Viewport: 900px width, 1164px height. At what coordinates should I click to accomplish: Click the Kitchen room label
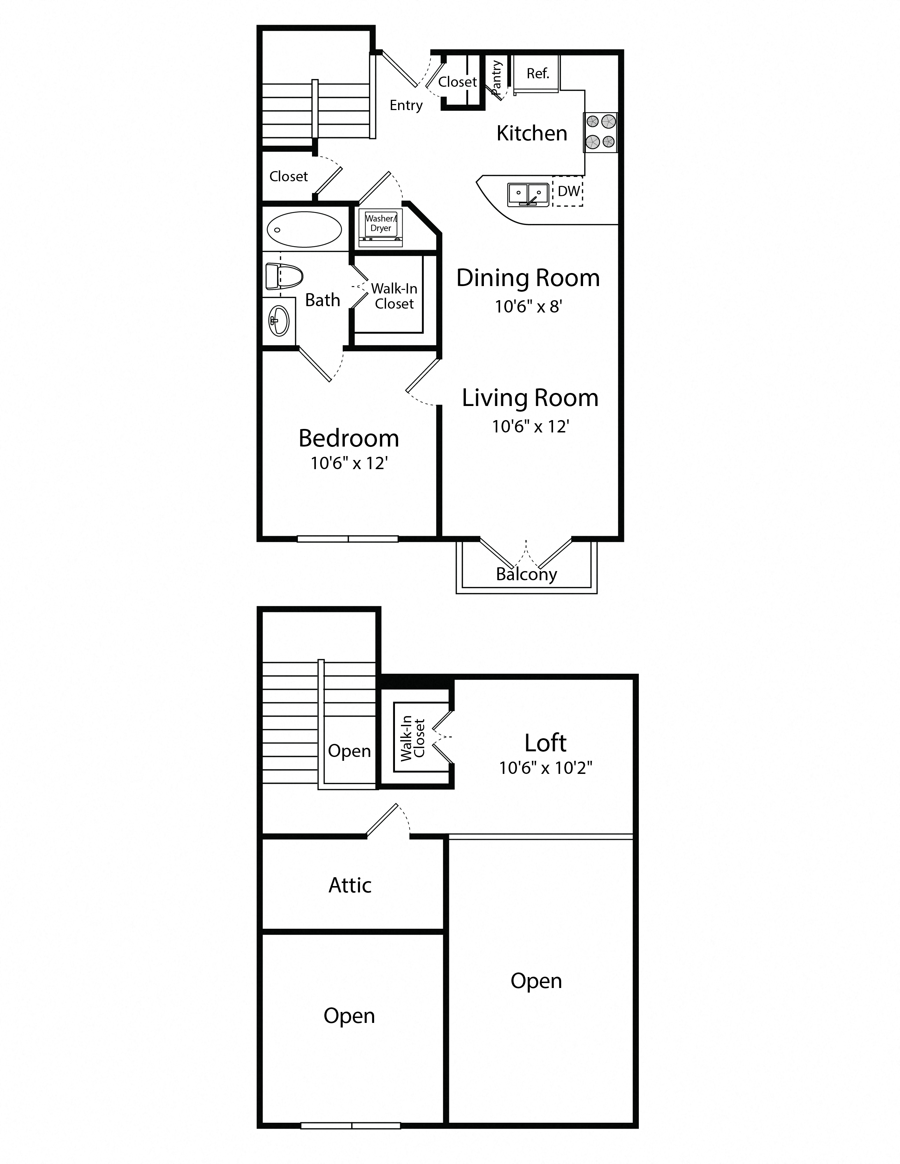coord(532,133)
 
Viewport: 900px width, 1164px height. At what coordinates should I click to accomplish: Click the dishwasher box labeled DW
coord(568,191)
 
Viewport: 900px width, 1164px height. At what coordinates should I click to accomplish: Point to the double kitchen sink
coord(528,195)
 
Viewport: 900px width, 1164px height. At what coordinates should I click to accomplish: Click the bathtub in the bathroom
coord(304,229)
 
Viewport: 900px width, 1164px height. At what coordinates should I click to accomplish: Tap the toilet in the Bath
coord(284,276)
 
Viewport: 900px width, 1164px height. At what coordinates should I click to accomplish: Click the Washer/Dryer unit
coord(381,228)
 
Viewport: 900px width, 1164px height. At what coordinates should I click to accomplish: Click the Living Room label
coord(530,398)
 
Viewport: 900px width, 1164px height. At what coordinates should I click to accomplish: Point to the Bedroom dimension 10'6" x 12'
coord(349,463)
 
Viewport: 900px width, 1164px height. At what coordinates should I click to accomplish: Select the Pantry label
coord(496,78)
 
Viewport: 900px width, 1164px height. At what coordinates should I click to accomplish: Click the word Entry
coord(406,105)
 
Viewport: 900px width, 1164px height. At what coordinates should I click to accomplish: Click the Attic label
coord(350,885)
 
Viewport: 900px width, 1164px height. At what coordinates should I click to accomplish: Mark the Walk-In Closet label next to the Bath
coord(394,296)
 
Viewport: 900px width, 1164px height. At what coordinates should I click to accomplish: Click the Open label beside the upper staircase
coord(349,751)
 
